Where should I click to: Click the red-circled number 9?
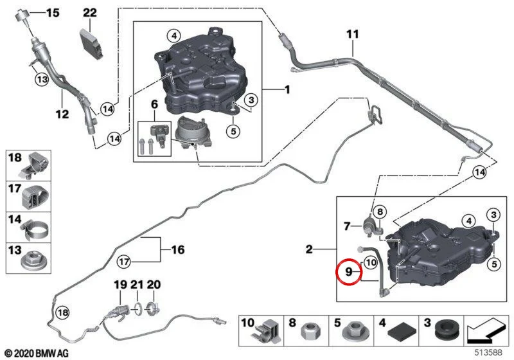(x=348, y=271)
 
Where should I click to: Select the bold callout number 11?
(x=353, y=34)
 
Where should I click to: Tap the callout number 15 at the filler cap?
(x=53, y=13)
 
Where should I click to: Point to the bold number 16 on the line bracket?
(x=178, y=250)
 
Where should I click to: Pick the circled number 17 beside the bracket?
(x=124, y=262)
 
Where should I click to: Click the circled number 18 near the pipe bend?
(x=62, y=312)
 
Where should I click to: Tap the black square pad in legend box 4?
(x=402, y=333)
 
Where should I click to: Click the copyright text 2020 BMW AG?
(x=37, y=354)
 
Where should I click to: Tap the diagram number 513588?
(x=489, y=352)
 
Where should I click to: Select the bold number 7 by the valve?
(x=347, y=226)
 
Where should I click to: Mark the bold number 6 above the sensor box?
(x=154, y=104)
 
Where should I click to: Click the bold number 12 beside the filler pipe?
(x=62, y=114)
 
